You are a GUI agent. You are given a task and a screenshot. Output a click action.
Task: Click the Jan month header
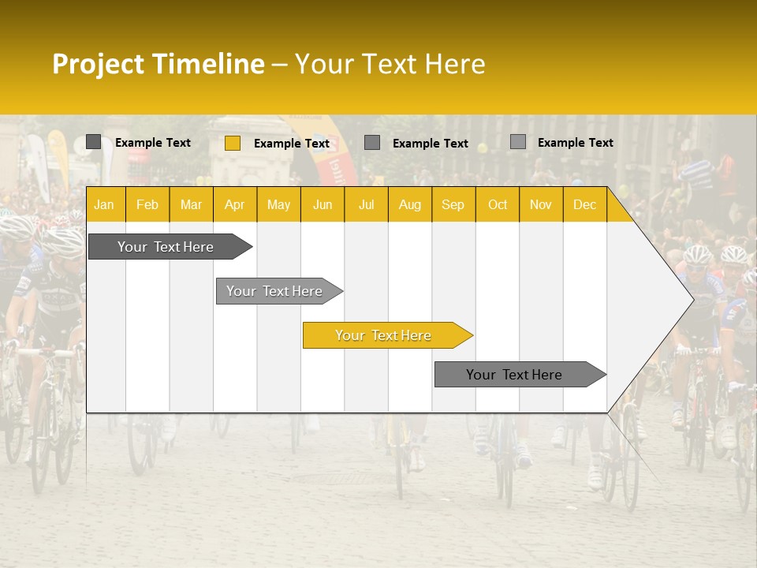click(x=104, y=204)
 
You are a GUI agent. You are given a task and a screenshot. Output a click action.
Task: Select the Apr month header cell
click(x=234, y=204)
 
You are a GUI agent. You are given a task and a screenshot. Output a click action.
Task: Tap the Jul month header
click(x=366, y=204)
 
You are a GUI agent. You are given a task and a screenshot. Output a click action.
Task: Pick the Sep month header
click(x=453, y=204)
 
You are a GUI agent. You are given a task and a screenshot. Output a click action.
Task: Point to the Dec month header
click(x=584, y=204)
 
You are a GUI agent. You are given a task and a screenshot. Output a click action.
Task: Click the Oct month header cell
click(x=498, y=204)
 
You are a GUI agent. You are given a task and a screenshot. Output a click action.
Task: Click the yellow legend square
click(x=232, y=143)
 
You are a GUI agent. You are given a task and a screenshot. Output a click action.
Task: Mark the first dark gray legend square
click(x=93, y=142)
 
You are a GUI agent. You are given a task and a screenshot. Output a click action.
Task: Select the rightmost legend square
click(x=517, y=142)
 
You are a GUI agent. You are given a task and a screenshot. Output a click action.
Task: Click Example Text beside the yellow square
click(x=291, y=144)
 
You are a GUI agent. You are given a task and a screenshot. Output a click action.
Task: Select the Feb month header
click(x=147, y=204)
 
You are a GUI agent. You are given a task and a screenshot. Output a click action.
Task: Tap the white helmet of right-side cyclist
click(x=697, y=254)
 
